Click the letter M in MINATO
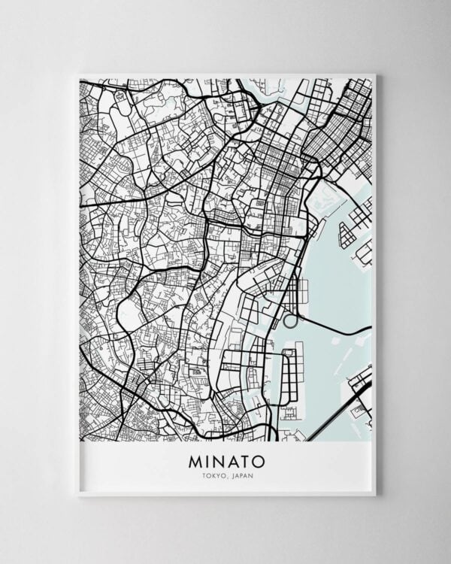click(190, 458)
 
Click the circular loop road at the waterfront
click(289, 320)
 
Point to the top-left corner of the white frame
click(78, 74)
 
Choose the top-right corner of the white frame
click(374, 74)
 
